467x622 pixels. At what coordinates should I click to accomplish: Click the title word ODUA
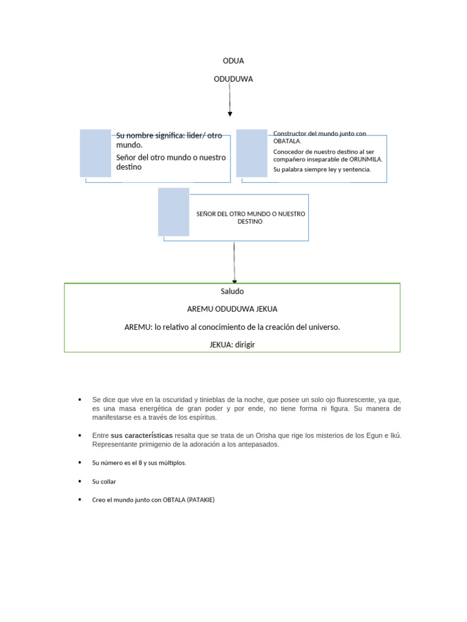233,61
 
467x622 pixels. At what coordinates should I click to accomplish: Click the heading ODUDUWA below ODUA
233,79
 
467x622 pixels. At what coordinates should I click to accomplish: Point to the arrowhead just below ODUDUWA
230,113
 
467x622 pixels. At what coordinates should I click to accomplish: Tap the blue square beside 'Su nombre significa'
95,153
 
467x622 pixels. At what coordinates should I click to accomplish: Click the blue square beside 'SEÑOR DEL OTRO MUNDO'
173,211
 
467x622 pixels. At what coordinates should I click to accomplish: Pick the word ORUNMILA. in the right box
367,159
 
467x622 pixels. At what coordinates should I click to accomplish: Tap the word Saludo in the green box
232,292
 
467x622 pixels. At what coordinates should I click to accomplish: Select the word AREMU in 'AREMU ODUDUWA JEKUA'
199,309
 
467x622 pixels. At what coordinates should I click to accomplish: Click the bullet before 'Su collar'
80,481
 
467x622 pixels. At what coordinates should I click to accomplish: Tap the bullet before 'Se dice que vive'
80,400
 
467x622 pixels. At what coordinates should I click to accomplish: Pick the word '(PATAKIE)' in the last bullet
201,500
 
